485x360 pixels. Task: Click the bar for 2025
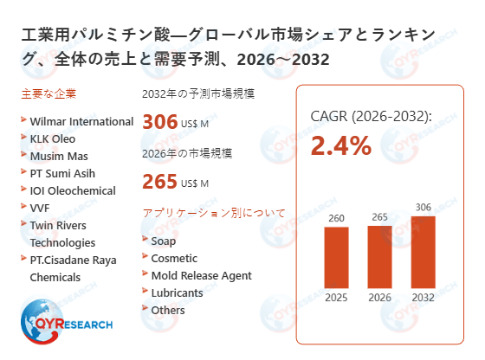(x=337, y=257)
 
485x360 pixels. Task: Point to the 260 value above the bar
(x=337, y=217)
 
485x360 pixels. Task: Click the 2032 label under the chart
(x=424, y=299)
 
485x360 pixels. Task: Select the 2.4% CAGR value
(x=340, y=146)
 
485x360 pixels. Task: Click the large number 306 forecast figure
(x=159, y=123)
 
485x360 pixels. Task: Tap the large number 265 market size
(x=159, y=182)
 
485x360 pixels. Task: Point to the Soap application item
(x=163, y=241)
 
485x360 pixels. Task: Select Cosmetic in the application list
(x=174, y=258)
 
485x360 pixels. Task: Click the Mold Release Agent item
(x=201, y=275)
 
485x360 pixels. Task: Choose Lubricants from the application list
(x=177, y=292)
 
